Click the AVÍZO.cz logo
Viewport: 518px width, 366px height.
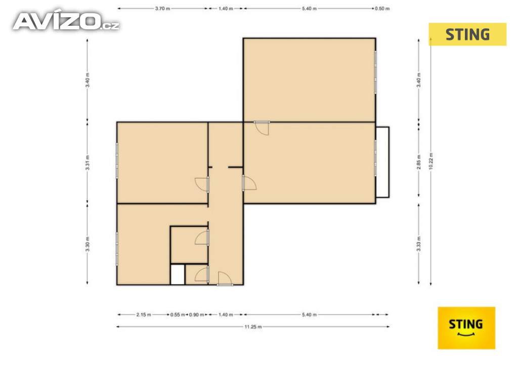[66, 21]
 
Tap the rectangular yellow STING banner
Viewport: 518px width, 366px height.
[467, 34]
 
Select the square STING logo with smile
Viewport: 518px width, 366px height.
[466, 328]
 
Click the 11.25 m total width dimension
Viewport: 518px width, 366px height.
[253, 327]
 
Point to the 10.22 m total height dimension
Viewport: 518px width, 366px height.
[431, 161]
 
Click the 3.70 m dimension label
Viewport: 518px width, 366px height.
[162, 9]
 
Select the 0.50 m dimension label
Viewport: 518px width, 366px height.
[382, 9]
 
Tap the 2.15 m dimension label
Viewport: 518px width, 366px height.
[144, 315]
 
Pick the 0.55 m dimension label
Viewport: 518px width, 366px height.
[178, 315]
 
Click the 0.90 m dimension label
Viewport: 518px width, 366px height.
[197, 315]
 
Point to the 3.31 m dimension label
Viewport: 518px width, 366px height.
[88, 162]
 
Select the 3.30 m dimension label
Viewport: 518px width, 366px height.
[88, 244]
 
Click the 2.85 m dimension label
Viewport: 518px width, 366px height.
[419, 162]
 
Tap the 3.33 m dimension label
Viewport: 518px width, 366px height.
[419, 244]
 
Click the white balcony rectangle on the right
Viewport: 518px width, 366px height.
[382, 162]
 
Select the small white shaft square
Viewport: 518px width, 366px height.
[178, 274]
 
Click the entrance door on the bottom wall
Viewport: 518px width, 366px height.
[225, 279]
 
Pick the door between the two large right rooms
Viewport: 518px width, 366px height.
[262, 128]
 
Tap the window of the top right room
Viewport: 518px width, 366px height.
[376, 72]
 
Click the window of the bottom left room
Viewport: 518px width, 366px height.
[117, 249]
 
